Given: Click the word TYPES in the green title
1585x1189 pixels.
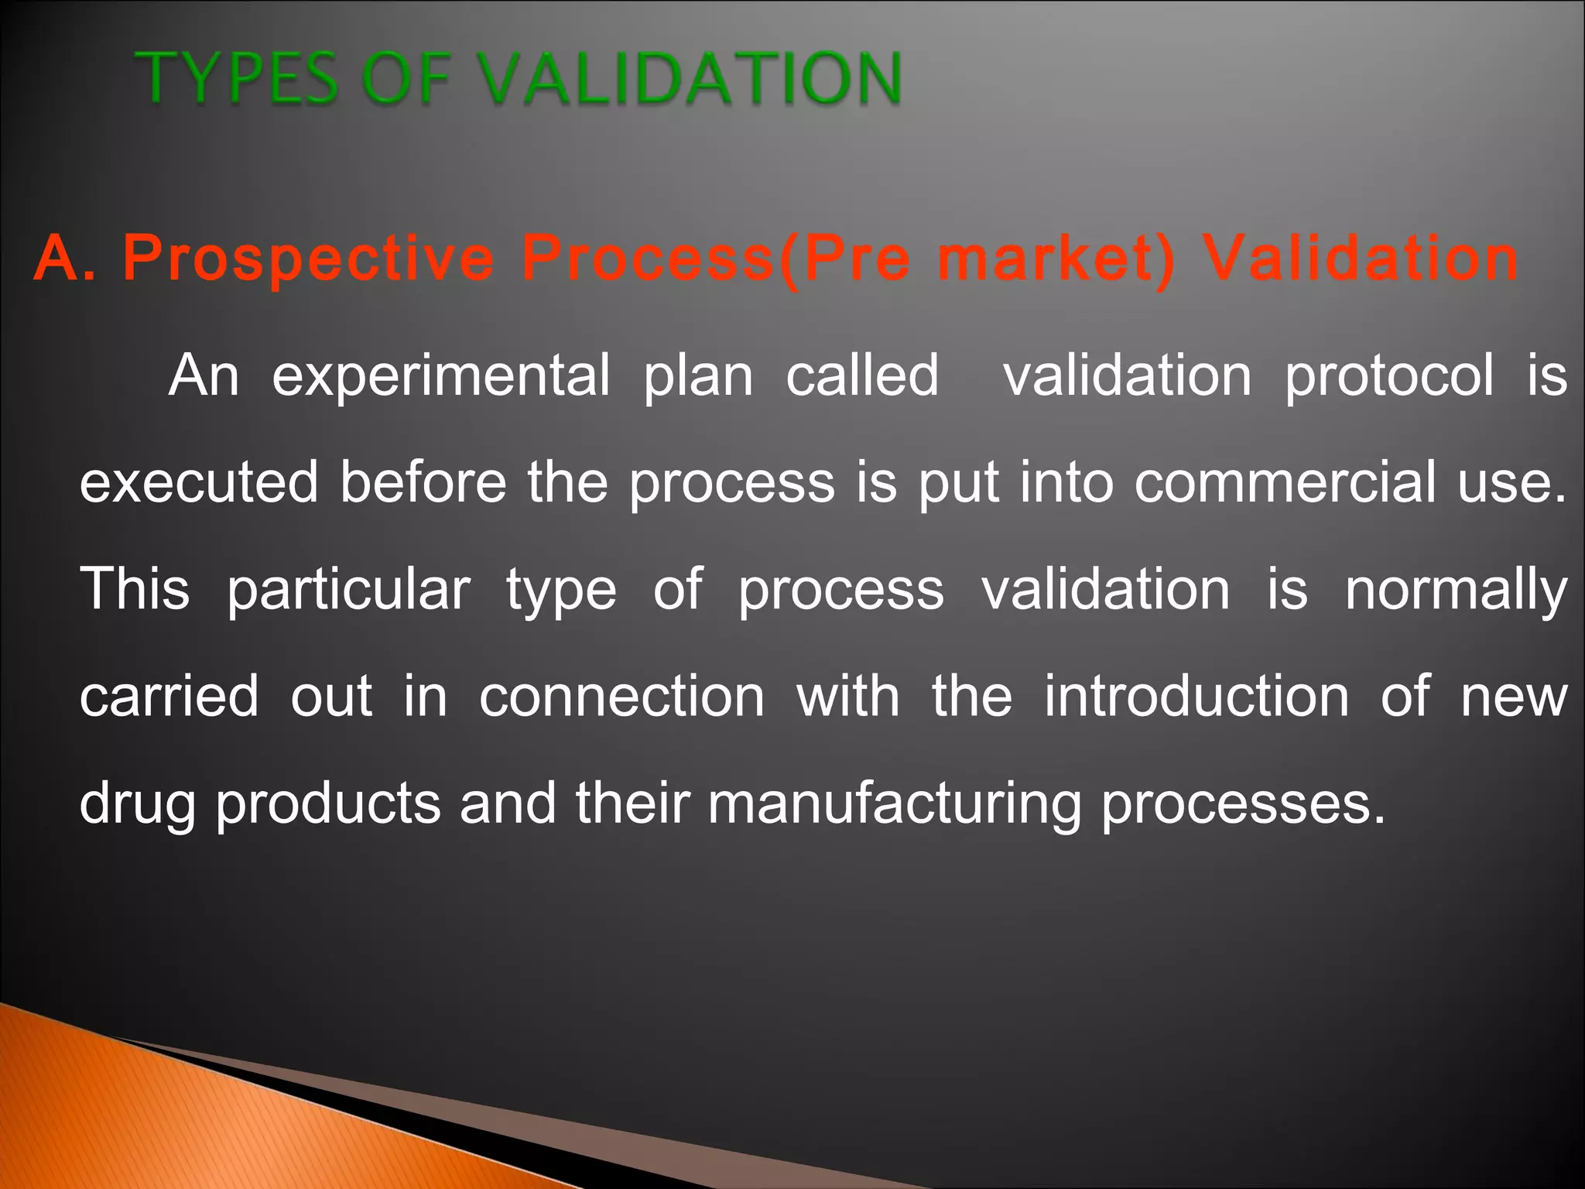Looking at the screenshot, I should pos(236,77).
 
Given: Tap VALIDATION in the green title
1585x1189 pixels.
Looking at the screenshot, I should pos(688,77).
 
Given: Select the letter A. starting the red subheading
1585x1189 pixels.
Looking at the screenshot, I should pos(65,258).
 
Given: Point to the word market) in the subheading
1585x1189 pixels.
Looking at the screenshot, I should pos(1056,258).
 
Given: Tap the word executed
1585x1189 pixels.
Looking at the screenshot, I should pos(199,482).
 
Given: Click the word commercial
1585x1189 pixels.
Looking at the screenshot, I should pos(1285,482).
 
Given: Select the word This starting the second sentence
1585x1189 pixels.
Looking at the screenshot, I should pos(135,589).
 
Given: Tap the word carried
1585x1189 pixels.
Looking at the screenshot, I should pos(169,696).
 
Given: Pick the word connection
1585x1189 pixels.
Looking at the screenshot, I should pos(622,696).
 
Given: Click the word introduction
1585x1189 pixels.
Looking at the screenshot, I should pos(1196,696).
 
